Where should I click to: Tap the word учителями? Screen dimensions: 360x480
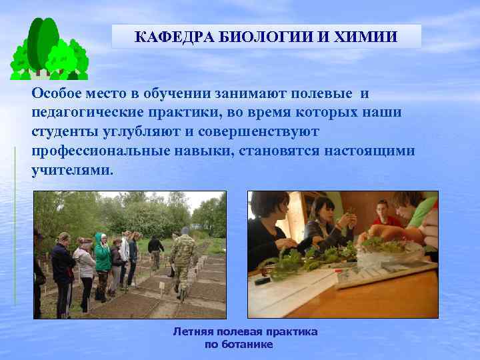[x=72, y=170]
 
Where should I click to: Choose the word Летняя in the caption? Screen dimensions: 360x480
[x=194, y=331]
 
